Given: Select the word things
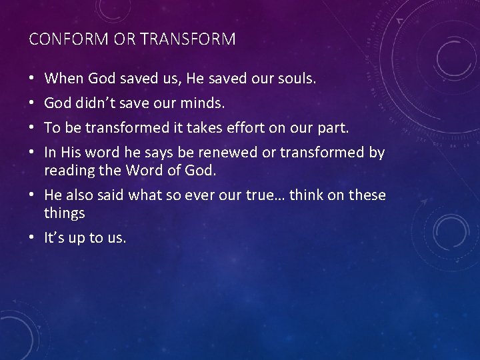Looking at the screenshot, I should (x=64, y=213).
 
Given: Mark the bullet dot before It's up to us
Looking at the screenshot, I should (x=33, y=237).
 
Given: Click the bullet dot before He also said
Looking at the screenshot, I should (x=33, y=195).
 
